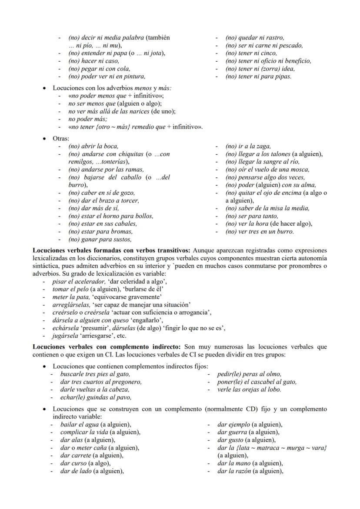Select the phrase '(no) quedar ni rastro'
[x=254, y=38]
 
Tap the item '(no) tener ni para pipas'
[x=258, y=77]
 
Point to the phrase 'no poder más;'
[x=88, y=119]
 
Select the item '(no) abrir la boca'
[x=93, y=146]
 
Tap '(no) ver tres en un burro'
[x=259, y=232]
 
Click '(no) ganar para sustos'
[x=100, y=240]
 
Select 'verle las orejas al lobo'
[x=249, y=390]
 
